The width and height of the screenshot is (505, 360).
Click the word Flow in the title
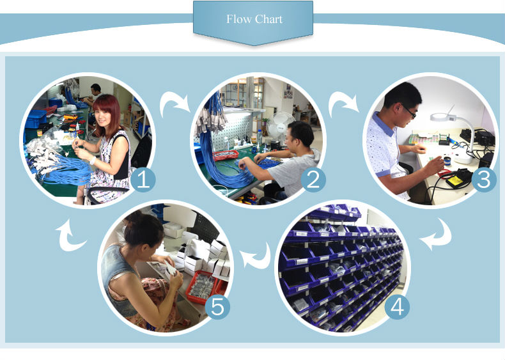pyautogui.click(x=238, y=19)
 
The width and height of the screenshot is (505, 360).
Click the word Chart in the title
pyautogui.click(x=268, y=19)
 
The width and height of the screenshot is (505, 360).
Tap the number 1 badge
pyautogui.click(x=143, y=180)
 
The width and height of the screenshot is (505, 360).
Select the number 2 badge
pyautogui.click(x=313, y=180)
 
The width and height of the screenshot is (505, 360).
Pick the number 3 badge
pyautogui.click(x=484, y=180)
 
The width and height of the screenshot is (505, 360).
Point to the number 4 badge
pyautogui.click(x=397, y=307)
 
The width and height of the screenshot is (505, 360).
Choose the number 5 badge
pyautogui.click(x=217, y=307)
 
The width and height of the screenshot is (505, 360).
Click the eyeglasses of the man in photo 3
pyautogui.click(x=408, y=111)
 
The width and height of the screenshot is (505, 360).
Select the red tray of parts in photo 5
pyautogui.click(x=202, y=287)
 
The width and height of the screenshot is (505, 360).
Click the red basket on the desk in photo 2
pyautogui.click(x=226, y=155)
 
